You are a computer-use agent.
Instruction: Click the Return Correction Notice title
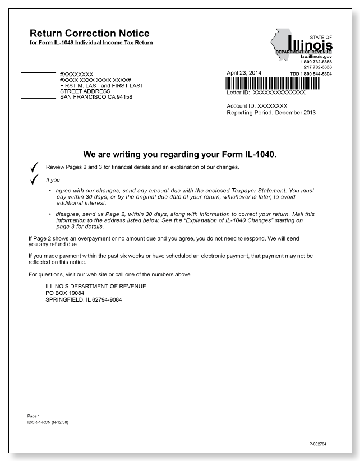(x=89, y=34)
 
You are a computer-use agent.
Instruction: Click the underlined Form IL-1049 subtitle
(x=91, y=43)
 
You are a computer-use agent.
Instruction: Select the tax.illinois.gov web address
(x=316, y=57)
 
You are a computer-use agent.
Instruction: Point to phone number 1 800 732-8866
(x=316, y=62)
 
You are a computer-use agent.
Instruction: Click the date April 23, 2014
(x=244, y=73)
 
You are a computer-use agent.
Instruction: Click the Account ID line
(x=257, y=105)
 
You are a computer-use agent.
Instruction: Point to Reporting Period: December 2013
(x=271, y=113)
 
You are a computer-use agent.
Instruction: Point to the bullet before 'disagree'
(x=50, y=214)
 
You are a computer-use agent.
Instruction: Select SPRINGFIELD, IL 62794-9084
(x=84, y=299)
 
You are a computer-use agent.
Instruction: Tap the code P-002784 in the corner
(x=317, y=444)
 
